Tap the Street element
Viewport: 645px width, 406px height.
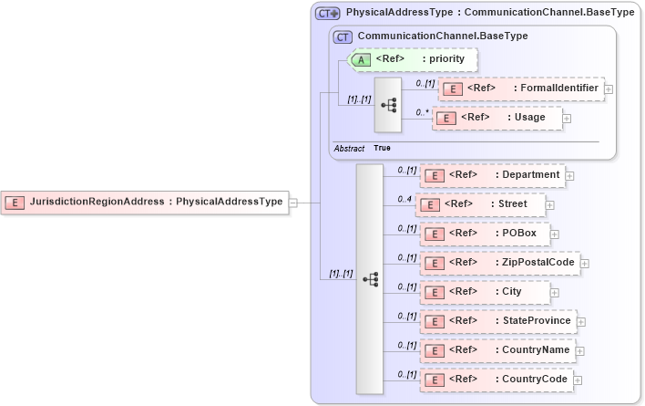tap(481, 204)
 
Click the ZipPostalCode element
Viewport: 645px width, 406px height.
tap(499, 263)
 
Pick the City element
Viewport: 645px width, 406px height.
tap(485, 292)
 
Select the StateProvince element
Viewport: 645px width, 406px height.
tap(497, 321)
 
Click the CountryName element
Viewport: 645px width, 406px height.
tap(497, 350)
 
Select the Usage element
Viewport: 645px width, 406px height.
tap(497, 118)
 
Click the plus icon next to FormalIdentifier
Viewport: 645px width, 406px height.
tap(609, 89)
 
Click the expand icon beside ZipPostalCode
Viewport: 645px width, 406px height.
tap(585, 264)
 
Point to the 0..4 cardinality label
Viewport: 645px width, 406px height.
tap(405, 199)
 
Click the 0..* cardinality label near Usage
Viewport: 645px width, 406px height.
tap(423, 112)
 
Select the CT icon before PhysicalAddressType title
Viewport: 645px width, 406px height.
tap(327, 14)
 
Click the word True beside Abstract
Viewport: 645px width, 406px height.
tap(382, 148)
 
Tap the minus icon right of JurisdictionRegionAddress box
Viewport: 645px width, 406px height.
tap(293, 203)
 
